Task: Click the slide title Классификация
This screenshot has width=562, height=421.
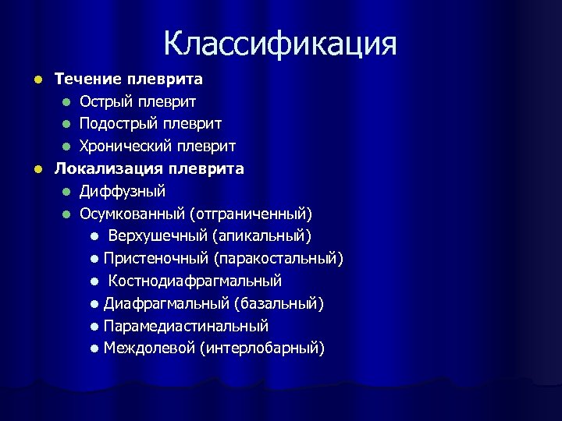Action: [x=280, y=44]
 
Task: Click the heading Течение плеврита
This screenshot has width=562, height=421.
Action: [x=128, y=79]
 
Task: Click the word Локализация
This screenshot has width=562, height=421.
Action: [x=105, y=168]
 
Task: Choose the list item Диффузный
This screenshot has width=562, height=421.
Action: [x=122, y=191]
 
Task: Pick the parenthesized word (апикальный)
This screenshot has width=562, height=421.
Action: [x=261, y=235]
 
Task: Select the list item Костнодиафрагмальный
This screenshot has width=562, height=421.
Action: [x=194, y=281]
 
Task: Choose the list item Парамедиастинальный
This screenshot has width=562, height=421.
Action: [x=186, y=326]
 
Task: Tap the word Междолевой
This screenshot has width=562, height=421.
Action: [x=148, y=348]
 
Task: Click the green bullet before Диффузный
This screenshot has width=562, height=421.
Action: [x=67, y=192]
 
